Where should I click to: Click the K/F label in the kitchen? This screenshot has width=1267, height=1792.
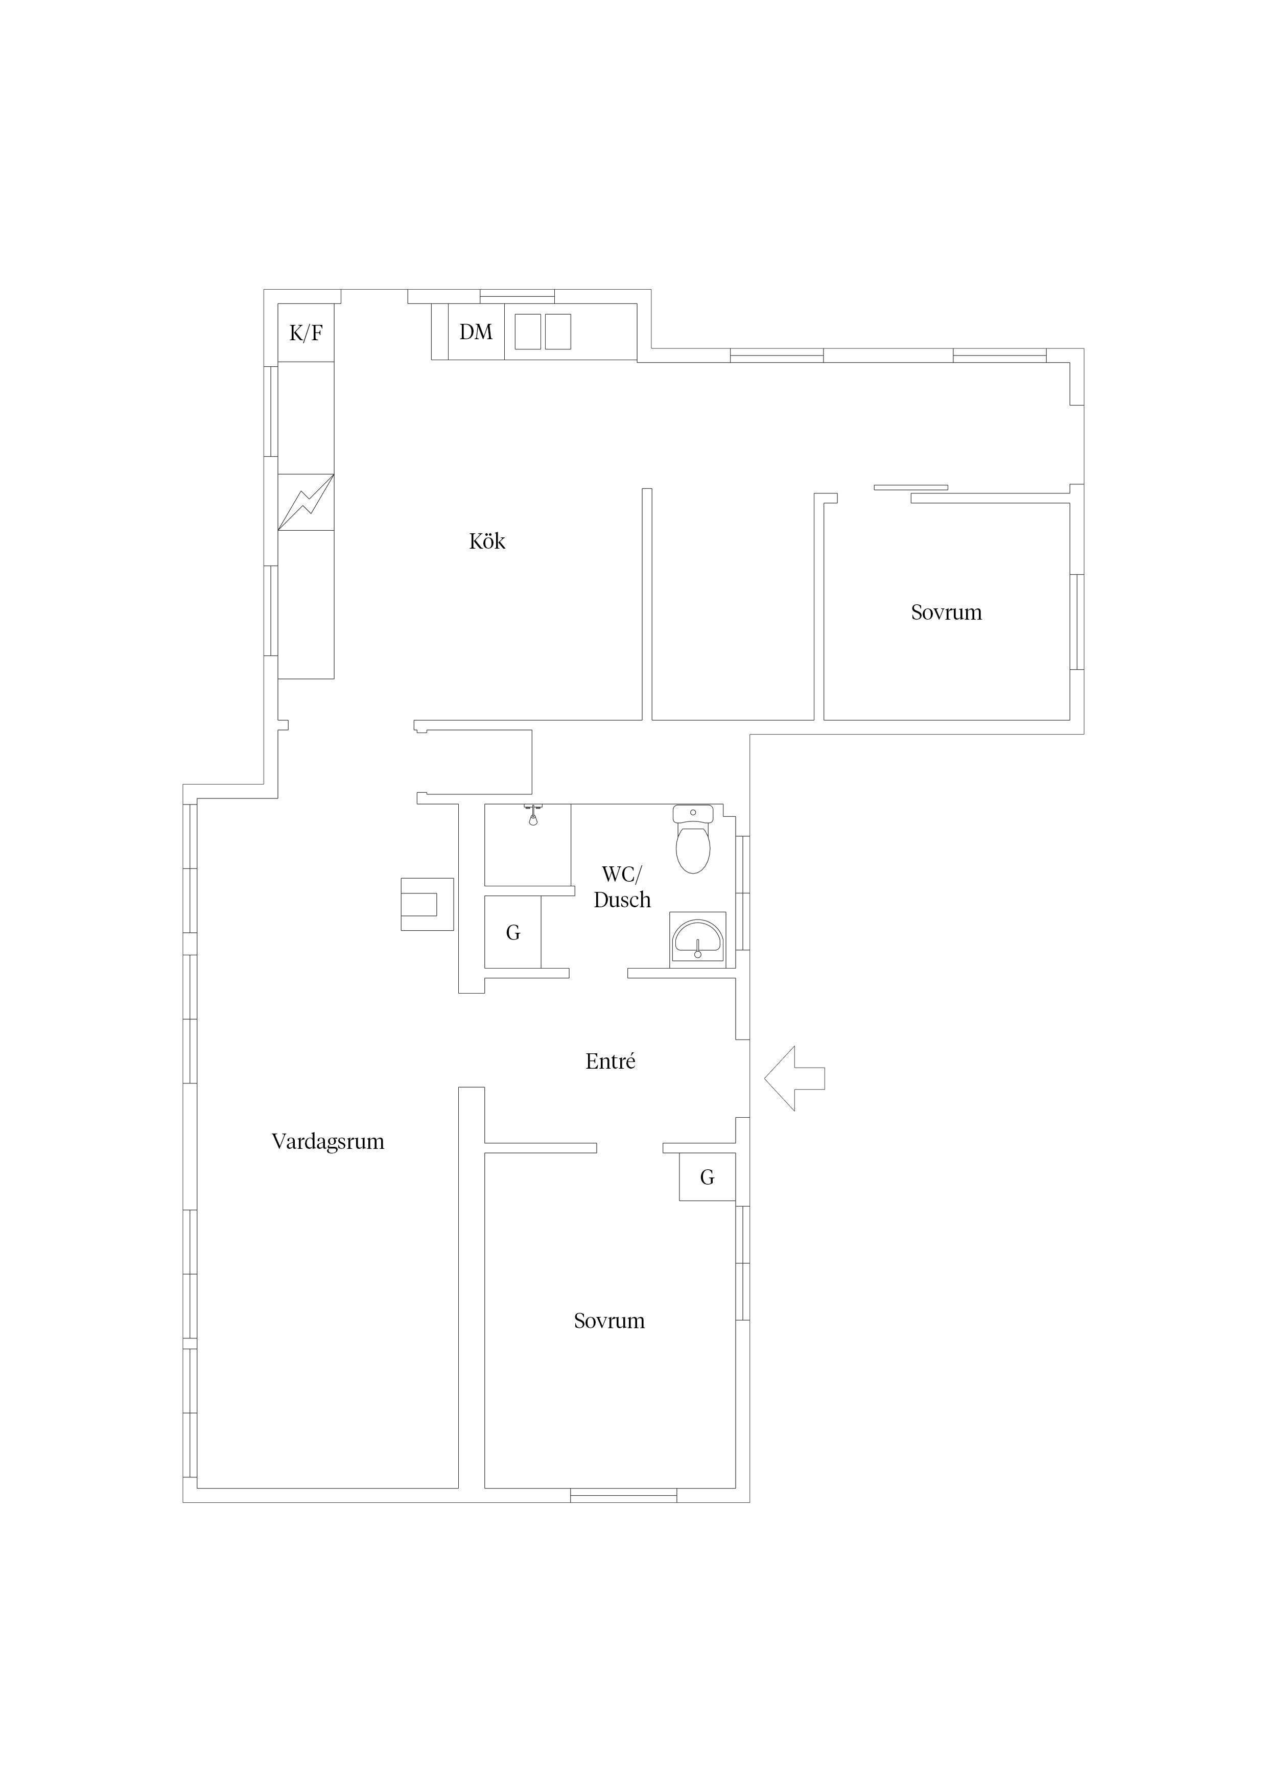click(306, 333)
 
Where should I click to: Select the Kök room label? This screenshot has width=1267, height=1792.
click(487, 541)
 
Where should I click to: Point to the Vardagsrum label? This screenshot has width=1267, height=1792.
click(328, 1142)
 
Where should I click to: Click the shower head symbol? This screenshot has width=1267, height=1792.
click(533, 815)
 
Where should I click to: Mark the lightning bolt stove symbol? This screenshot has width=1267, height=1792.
click(306, 502)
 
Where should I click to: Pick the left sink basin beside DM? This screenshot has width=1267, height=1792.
click(528, 332)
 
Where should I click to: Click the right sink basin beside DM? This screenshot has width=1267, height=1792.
click(557, 332)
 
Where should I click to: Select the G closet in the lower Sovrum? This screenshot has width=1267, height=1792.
click(707, 1177)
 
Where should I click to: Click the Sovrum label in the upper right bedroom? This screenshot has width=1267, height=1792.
click(946, 612)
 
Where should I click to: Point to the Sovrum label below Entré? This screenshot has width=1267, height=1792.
click(609, 1321)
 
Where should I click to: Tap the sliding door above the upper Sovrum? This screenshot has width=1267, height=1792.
click(911, 488)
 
